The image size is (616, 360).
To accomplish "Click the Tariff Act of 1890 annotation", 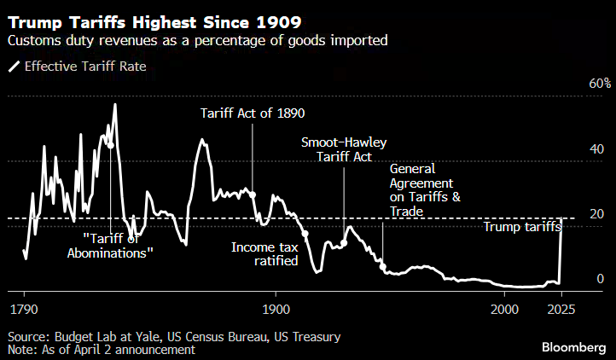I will point(253,113).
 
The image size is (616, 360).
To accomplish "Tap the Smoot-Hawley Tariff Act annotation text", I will point(344,150).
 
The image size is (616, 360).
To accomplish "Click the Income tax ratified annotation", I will point(264,253).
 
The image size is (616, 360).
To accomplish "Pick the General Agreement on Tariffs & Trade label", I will point(425,190).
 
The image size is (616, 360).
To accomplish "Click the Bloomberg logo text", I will point(575,346).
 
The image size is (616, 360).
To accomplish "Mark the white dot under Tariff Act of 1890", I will point(253,195).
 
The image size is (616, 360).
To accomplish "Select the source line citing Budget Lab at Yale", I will point(174,337).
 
